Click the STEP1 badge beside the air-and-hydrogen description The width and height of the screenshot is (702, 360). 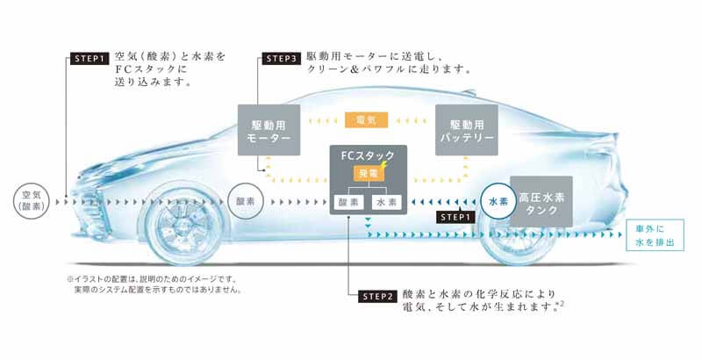[90, 59]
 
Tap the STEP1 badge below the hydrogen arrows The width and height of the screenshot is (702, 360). [455, 217]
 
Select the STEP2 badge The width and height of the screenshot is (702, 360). [378, 297]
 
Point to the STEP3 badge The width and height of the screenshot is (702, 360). [281, 59]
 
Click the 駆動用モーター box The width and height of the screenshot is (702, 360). [269, 130]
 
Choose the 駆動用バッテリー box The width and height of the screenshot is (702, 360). [467, 130]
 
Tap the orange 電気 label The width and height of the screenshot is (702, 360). [366, 119]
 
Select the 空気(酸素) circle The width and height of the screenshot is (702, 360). [32, 201]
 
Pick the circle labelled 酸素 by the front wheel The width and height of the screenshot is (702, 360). [246, 201]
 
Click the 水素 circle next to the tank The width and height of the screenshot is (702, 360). [498, 201]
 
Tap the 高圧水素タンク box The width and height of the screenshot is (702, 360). [541, 201]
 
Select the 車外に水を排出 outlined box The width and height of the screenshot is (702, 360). [655, 235]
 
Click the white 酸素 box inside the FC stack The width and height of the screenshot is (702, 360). [348, 202]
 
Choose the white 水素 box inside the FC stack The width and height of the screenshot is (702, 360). [387, 202]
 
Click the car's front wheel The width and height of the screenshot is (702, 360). [185, 228]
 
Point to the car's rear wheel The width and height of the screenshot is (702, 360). [515, 233]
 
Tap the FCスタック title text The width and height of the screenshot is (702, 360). [368, 155]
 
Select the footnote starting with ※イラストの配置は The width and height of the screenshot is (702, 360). [155, 284]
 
